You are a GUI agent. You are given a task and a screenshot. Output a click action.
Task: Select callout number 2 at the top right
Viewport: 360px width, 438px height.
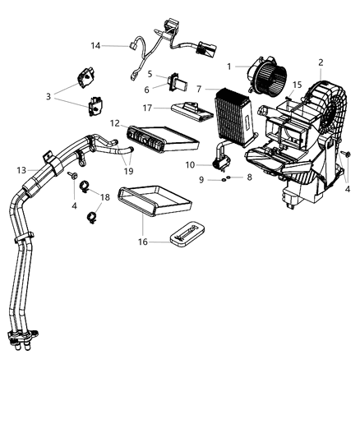click(320, 62)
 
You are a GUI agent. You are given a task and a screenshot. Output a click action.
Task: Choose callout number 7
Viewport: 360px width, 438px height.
click(198, 88)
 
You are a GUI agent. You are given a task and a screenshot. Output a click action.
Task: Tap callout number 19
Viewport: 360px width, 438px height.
click(127, 172)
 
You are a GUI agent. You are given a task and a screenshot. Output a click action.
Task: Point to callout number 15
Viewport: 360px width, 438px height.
click(298, 85)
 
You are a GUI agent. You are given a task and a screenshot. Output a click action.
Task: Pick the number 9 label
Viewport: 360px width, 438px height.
click(213, 179)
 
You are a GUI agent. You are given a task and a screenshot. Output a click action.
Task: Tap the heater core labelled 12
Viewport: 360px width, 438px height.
click(159, 138)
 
